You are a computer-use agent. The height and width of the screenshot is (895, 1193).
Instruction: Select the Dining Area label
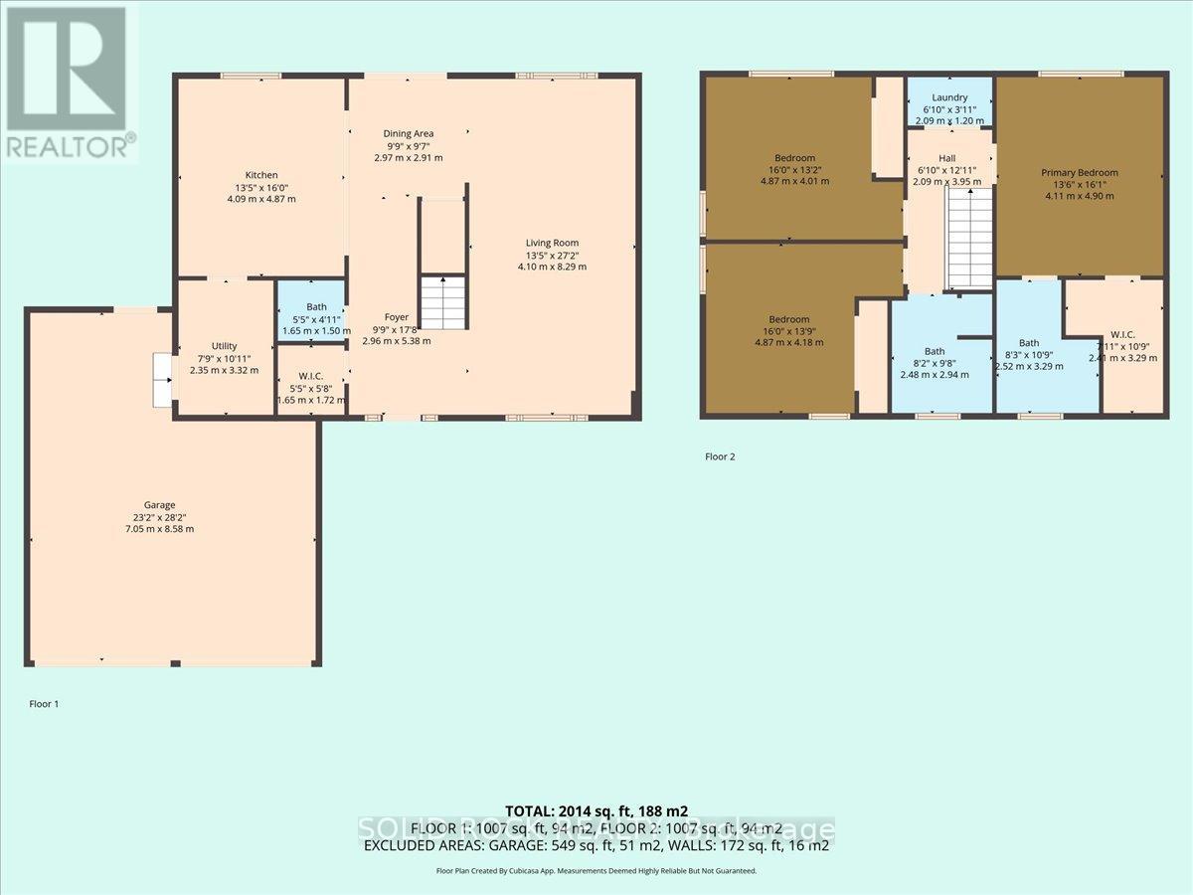[409, 133]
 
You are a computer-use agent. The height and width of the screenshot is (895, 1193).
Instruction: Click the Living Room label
[552, 243]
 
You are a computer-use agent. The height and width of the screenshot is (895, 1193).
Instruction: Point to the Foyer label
[397, 317]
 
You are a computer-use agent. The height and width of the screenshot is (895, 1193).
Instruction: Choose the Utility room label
[224, 346]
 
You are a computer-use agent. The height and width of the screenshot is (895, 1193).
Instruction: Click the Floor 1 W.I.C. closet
[311, 377]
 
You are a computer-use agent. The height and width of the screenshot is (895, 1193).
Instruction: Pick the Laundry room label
[949, 97]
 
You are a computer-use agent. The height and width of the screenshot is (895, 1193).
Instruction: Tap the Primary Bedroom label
[1080, 172]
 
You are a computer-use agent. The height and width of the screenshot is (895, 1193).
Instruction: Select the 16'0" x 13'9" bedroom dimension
[794, 330]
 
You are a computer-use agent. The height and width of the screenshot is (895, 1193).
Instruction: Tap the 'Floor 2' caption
[719, 457]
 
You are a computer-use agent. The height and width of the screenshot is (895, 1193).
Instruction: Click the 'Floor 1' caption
[44, 704]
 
